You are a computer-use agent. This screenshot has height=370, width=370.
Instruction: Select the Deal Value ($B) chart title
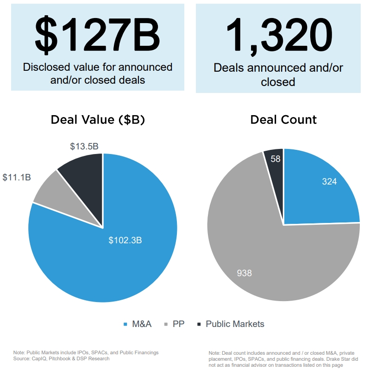point(98,120)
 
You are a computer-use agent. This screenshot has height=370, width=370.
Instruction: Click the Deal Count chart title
point(283,120)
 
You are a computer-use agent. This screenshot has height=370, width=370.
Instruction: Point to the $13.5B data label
point(84,147)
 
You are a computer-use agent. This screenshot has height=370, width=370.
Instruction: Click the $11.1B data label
point(17,177)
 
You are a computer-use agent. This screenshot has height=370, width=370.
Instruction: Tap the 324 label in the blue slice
point(329,182)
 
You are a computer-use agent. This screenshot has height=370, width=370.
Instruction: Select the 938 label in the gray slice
point(245,273)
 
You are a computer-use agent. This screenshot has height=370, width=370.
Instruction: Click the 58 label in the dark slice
point(275,159)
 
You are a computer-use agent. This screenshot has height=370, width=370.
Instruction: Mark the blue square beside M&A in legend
point(125,324)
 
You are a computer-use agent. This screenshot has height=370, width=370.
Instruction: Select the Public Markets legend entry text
point(235,324)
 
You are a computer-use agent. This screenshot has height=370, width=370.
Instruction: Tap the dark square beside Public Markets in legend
point(199,324)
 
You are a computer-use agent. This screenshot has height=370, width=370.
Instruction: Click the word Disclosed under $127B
point(44,67)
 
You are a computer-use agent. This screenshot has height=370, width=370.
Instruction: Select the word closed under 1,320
point(278,82)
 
